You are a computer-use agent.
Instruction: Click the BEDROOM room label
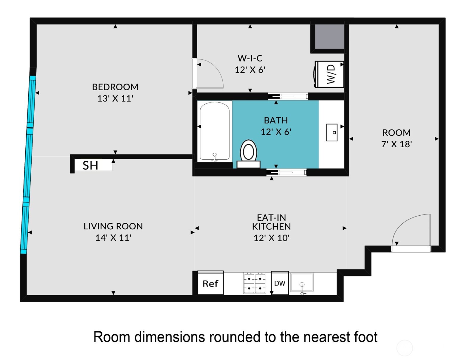pos(115,87)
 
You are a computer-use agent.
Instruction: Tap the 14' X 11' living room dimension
pos(113,238)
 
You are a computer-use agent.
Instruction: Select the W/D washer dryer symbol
pos(329,74)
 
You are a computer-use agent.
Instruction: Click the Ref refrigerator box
pos(210,283)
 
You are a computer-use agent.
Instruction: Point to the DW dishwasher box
pos(280,283)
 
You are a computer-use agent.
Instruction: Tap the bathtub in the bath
pos(215,131)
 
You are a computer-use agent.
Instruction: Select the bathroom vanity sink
pos(332,132)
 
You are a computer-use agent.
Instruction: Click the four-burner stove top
pos(255,283)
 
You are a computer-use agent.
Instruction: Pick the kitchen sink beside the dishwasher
pos(302,283)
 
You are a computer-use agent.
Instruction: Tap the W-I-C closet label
pos(250,58)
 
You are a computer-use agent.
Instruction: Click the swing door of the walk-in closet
pos(209,75)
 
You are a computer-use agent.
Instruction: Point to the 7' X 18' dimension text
pos(396,144)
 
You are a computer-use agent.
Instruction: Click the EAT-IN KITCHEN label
pos(271,222)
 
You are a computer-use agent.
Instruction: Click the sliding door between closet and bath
pos(288,96)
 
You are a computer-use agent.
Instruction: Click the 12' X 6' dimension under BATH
pos(276,132)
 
